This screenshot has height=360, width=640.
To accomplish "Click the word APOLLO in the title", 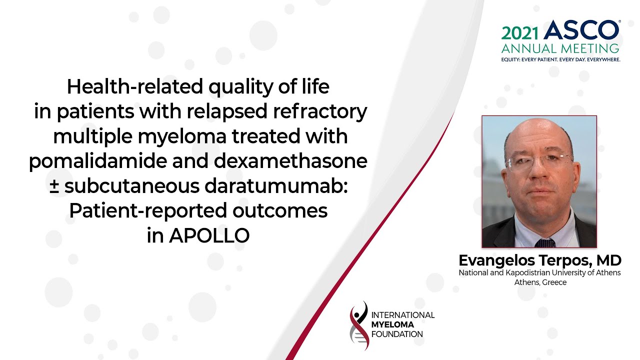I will coord(209,236).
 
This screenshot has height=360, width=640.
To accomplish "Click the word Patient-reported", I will coord(148,211).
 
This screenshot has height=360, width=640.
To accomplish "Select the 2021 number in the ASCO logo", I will coord(520,33).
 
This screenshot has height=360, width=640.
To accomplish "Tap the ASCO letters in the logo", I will coord(581,30).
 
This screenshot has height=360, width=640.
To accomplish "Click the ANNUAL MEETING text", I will coord(560,49).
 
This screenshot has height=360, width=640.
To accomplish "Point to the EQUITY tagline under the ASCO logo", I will coord(560,59).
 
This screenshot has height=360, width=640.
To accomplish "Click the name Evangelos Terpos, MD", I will coord(539,260).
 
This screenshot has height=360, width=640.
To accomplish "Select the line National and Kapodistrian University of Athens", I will coord(539,273).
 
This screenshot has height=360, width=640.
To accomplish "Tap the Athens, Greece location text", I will coord(540,282).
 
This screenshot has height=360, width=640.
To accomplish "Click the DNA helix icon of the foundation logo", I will coord(358,325).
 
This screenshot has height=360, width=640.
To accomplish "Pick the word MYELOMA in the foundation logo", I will coord(392,324).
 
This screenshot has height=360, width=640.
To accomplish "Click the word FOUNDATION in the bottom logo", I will coord(397,334).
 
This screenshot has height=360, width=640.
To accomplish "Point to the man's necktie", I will coord(544,242).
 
